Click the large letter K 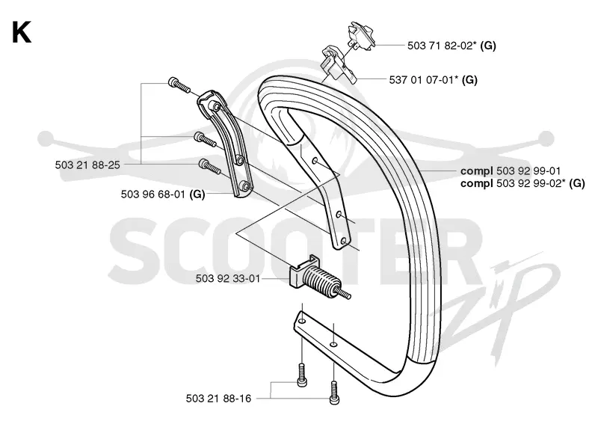(x=22, y=33)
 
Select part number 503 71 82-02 (x=442, y=46)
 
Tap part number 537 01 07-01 (x=424, y=80)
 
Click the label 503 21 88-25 (x=87, y=165)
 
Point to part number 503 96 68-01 (x=153, y=194)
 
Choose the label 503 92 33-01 (x=228, y=279)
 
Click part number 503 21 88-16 (x=218, y=399)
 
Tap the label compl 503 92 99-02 (x=513, y=183)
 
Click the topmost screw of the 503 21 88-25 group (x=179, y=85)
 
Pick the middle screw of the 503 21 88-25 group (x=205, y=139)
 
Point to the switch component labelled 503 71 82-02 (x=361, y=36)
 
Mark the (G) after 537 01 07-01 (x=469, y=80)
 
